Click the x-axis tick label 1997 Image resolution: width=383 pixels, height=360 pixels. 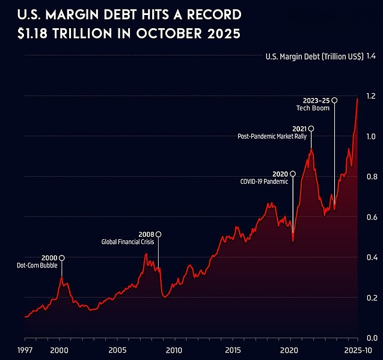tap(25, 349)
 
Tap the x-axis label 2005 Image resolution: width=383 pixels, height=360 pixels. tap(117, 349)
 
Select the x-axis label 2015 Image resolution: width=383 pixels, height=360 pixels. tap(232, 349)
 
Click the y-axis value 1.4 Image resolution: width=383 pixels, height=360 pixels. tap(370, 56)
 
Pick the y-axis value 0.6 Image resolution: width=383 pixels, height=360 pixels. tap(370, 217)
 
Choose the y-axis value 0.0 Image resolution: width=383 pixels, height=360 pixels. tap(370, 338)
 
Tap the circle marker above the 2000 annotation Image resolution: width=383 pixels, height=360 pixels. tap(61, 258)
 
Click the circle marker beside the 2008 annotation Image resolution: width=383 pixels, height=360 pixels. tap(159, 234)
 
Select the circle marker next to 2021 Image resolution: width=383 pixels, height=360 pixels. tap(311, 129)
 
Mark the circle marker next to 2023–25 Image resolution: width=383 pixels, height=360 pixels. tap(335, 100)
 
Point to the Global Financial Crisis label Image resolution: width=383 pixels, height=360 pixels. tap(127, 242)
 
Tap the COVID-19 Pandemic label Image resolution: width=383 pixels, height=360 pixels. tap(264, 181)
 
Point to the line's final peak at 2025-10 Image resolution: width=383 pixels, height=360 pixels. tap(358, 99)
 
